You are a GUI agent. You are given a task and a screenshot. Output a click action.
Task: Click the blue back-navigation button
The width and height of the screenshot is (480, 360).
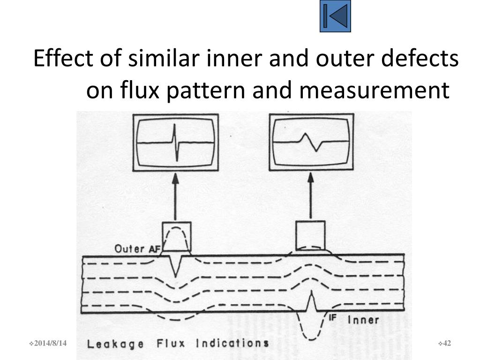(335, 16)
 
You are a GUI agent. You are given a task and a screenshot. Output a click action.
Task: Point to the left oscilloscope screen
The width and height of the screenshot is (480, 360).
(175, 142)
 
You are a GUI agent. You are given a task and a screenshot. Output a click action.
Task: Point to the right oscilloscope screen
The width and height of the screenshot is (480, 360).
(311, 142)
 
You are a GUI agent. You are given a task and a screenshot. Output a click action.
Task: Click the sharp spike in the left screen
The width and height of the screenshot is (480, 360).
(175, 142)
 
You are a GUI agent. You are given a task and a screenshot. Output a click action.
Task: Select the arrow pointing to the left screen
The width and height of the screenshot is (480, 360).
(175, 197)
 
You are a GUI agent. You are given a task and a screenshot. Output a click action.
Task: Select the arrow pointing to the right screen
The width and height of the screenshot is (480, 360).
(310, 197)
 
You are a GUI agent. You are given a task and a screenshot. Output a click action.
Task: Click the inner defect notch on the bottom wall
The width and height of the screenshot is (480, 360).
(310, 302)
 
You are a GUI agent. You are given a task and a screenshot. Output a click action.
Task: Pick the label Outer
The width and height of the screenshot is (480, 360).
(129, 248)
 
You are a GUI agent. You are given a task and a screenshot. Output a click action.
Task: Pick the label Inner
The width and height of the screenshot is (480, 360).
(363, 320)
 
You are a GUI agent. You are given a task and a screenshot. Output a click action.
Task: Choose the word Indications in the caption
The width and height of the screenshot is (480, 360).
(232, 343)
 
